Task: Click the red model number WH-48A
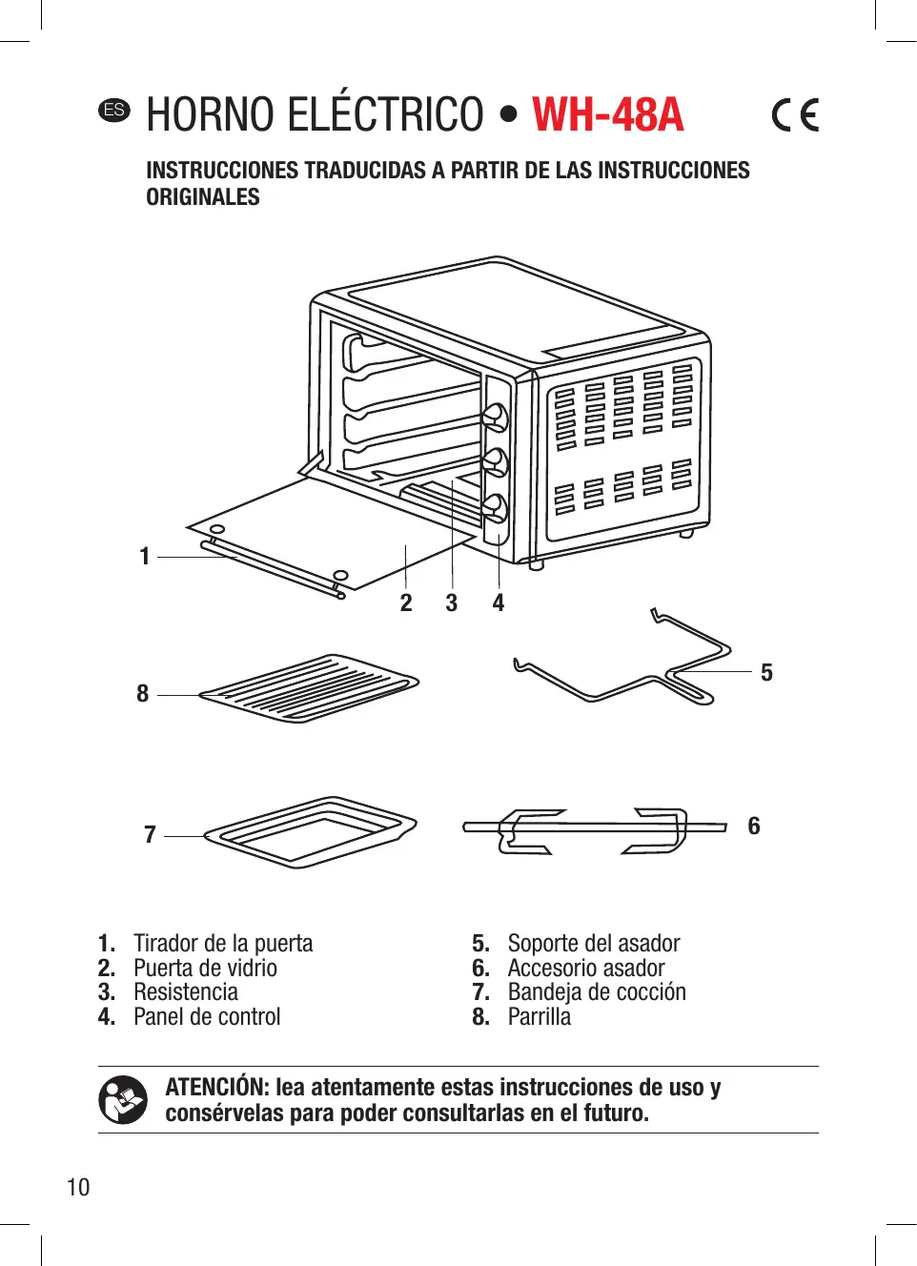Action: [x=607, y=115]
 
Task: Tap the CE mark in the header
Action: [x=795, y=115]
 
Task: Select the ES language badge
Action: [x=113, y=110]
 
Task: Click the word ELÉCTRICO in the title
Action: [x=385, y=115]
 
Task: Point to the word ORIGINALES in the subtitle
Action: [x=203, y=197]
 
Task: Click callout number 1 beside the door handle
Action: [x=145, y=556]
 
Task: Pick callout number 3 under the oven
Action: [x=452, y=602]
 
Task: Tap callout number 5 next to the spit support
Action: [x=766, y=673]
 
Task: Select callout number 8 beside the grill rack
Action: [x=143, y=693]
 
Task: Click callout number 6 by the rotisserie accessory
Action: [x=754, y=826]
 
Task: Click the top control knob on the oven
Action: [x=496, y=418]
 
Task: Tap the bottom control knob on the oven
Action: [x=496, y=506]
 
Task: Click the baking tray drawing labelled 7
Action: [x=311, y=831]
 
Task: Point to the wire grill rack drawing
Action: [x=309, y=687]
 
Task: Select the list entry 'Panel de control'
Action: [x=207, y=1017]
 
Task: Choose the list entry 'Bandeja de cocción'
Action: [x=597, y=992]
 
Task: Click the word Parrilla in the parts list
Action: [x=540, y=1017]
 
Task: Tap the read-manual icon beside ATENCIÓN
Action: [x=123, y=1100]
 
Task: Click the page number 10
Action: [x=78, y=1187]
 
